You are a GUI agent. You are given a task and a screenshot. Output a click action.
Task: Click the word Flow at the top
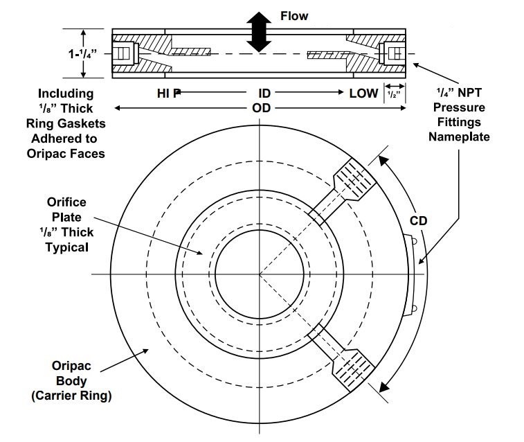click(293, 15)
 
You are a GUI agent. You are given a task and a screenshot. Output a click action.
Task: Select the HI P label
click(164, 93)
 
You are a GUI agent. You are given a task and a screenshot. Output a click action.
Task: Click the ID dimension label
click(264, 93)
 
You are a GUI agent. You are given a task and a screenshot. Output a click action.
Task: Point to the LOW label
click(363, 93)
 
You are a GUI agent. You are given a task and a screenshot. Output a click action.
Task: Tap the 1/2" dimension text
click(394, 93)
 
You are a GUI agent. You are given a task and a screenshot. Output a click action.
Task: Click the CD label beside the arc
click(419, 222)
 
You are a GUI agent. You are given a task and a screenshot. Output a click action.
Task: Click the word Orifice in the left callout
click(66, 202)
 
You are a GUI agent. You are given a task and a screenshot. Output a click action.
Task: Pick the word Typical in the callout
click(67, 247)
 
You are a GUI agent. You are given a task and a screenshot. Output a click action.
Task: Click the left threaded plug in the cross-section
click(123, 53)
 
